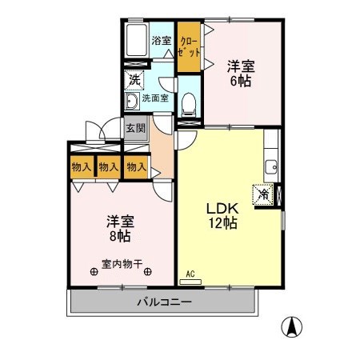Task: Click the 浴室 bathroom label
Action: [161, 40]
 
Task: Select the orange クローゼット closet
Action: [189, 46]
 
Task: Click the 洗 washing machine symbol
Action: [134, 81]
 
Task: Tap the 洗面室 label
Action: [155, 98]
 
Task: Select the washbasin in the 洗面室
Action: [131, 102]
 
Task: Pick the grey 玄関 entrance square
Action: [134, 129]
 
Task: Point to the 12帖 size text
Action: [225, 223]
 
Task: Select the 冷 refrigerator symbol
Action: [263, 194]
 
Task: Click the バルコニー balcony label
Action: [163, 302]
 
